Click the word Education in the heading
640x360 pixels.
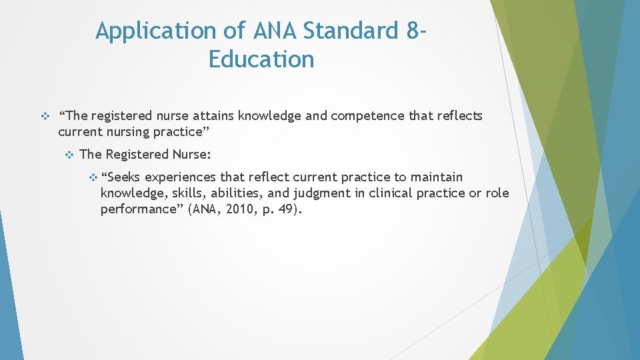261,59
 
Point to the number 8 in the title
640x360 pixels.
411,31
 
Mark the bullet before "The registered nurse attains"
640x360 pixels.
45,116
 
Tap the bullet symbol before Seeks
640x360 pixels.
93,177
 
